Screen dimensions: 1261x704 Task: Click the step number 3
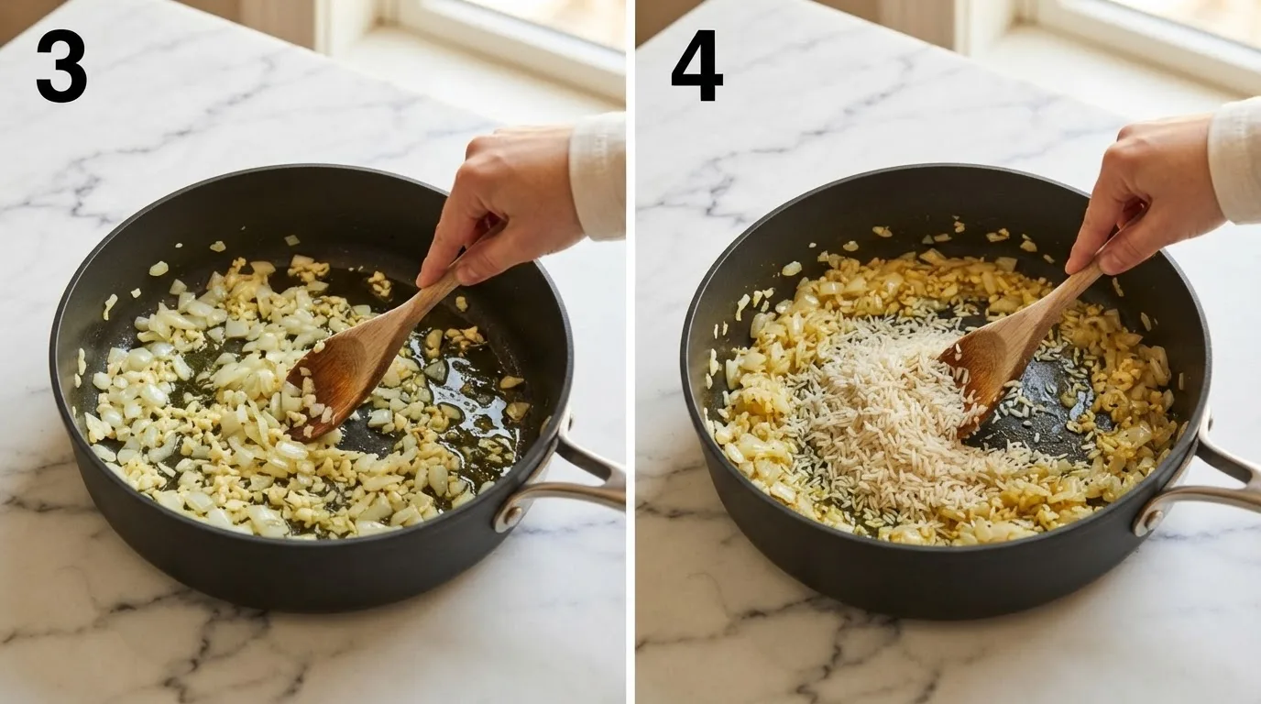[61, 66]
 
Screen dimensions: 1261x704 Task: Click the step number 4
[696, 66]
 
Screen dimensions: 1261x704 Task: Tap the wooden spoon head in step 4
[978, 377]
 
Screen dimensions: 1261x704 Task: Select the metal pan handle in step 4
[1205, 478]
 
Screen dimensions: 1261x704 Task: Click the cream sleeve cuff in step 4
[1235, 160]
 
